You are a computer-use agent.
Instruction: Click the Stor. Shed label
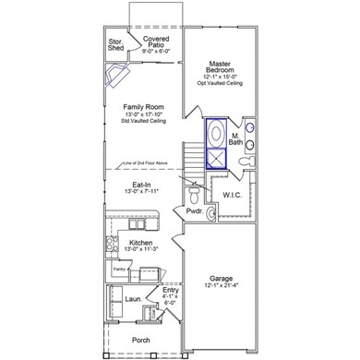pos(116,45)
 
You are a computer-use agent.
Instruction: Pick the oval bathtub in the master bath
pos(216,133)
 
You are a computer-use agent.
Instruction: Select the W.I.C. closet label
pos(233,195)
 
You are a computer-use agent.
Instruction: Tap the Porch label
pos(141,338)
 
